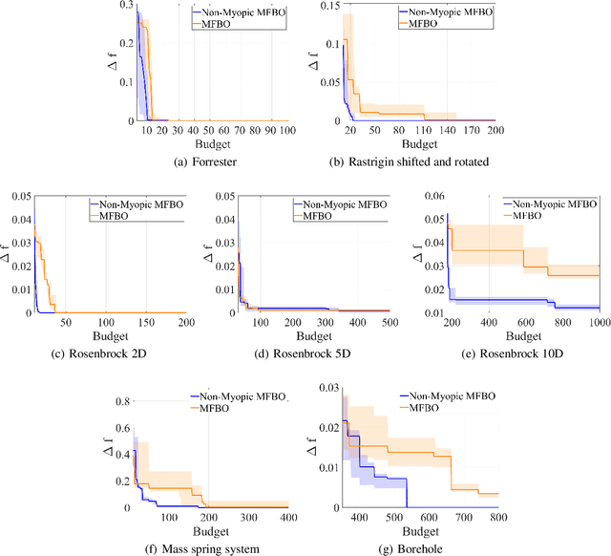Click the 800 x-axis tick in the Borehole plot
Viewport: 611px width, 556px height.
point(496,516)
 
